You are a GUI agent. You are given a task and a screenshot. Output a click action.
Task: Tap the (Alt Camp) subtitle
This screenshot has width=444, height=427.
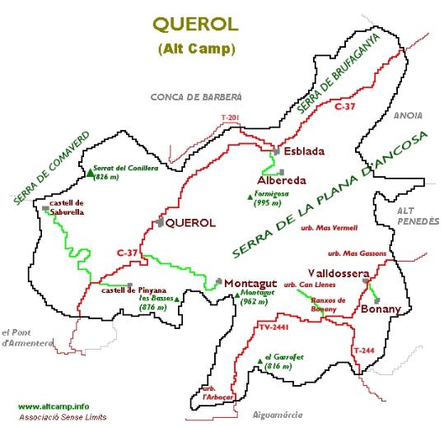tap(195, 49)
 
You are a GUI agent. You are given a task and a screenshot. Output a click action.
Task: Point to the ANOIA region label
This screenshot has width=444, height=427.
tap(408, 116)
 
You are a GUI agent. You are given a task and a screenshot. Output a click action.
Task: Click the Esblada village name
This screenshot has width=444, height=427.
tap(304, 151)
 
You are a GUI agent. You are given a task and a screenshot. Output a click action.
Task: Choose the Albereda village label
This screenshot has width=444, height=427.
tap(283, 180)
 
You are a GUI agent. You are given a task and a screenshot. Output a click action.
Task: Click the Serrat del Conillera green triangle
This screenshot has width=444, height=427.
tap(90, 174)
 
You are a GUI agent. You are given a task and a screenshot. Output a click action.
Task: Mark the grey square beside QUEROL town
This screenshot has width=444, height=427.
tap(159, 222)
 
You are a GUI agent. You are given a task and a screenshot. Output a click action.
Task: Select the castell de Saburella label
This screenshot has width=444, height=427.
tap(68, 207)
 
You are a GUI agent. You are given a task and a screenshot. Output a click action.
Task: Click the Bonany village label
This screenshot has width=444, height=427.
tap(381, 309)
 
